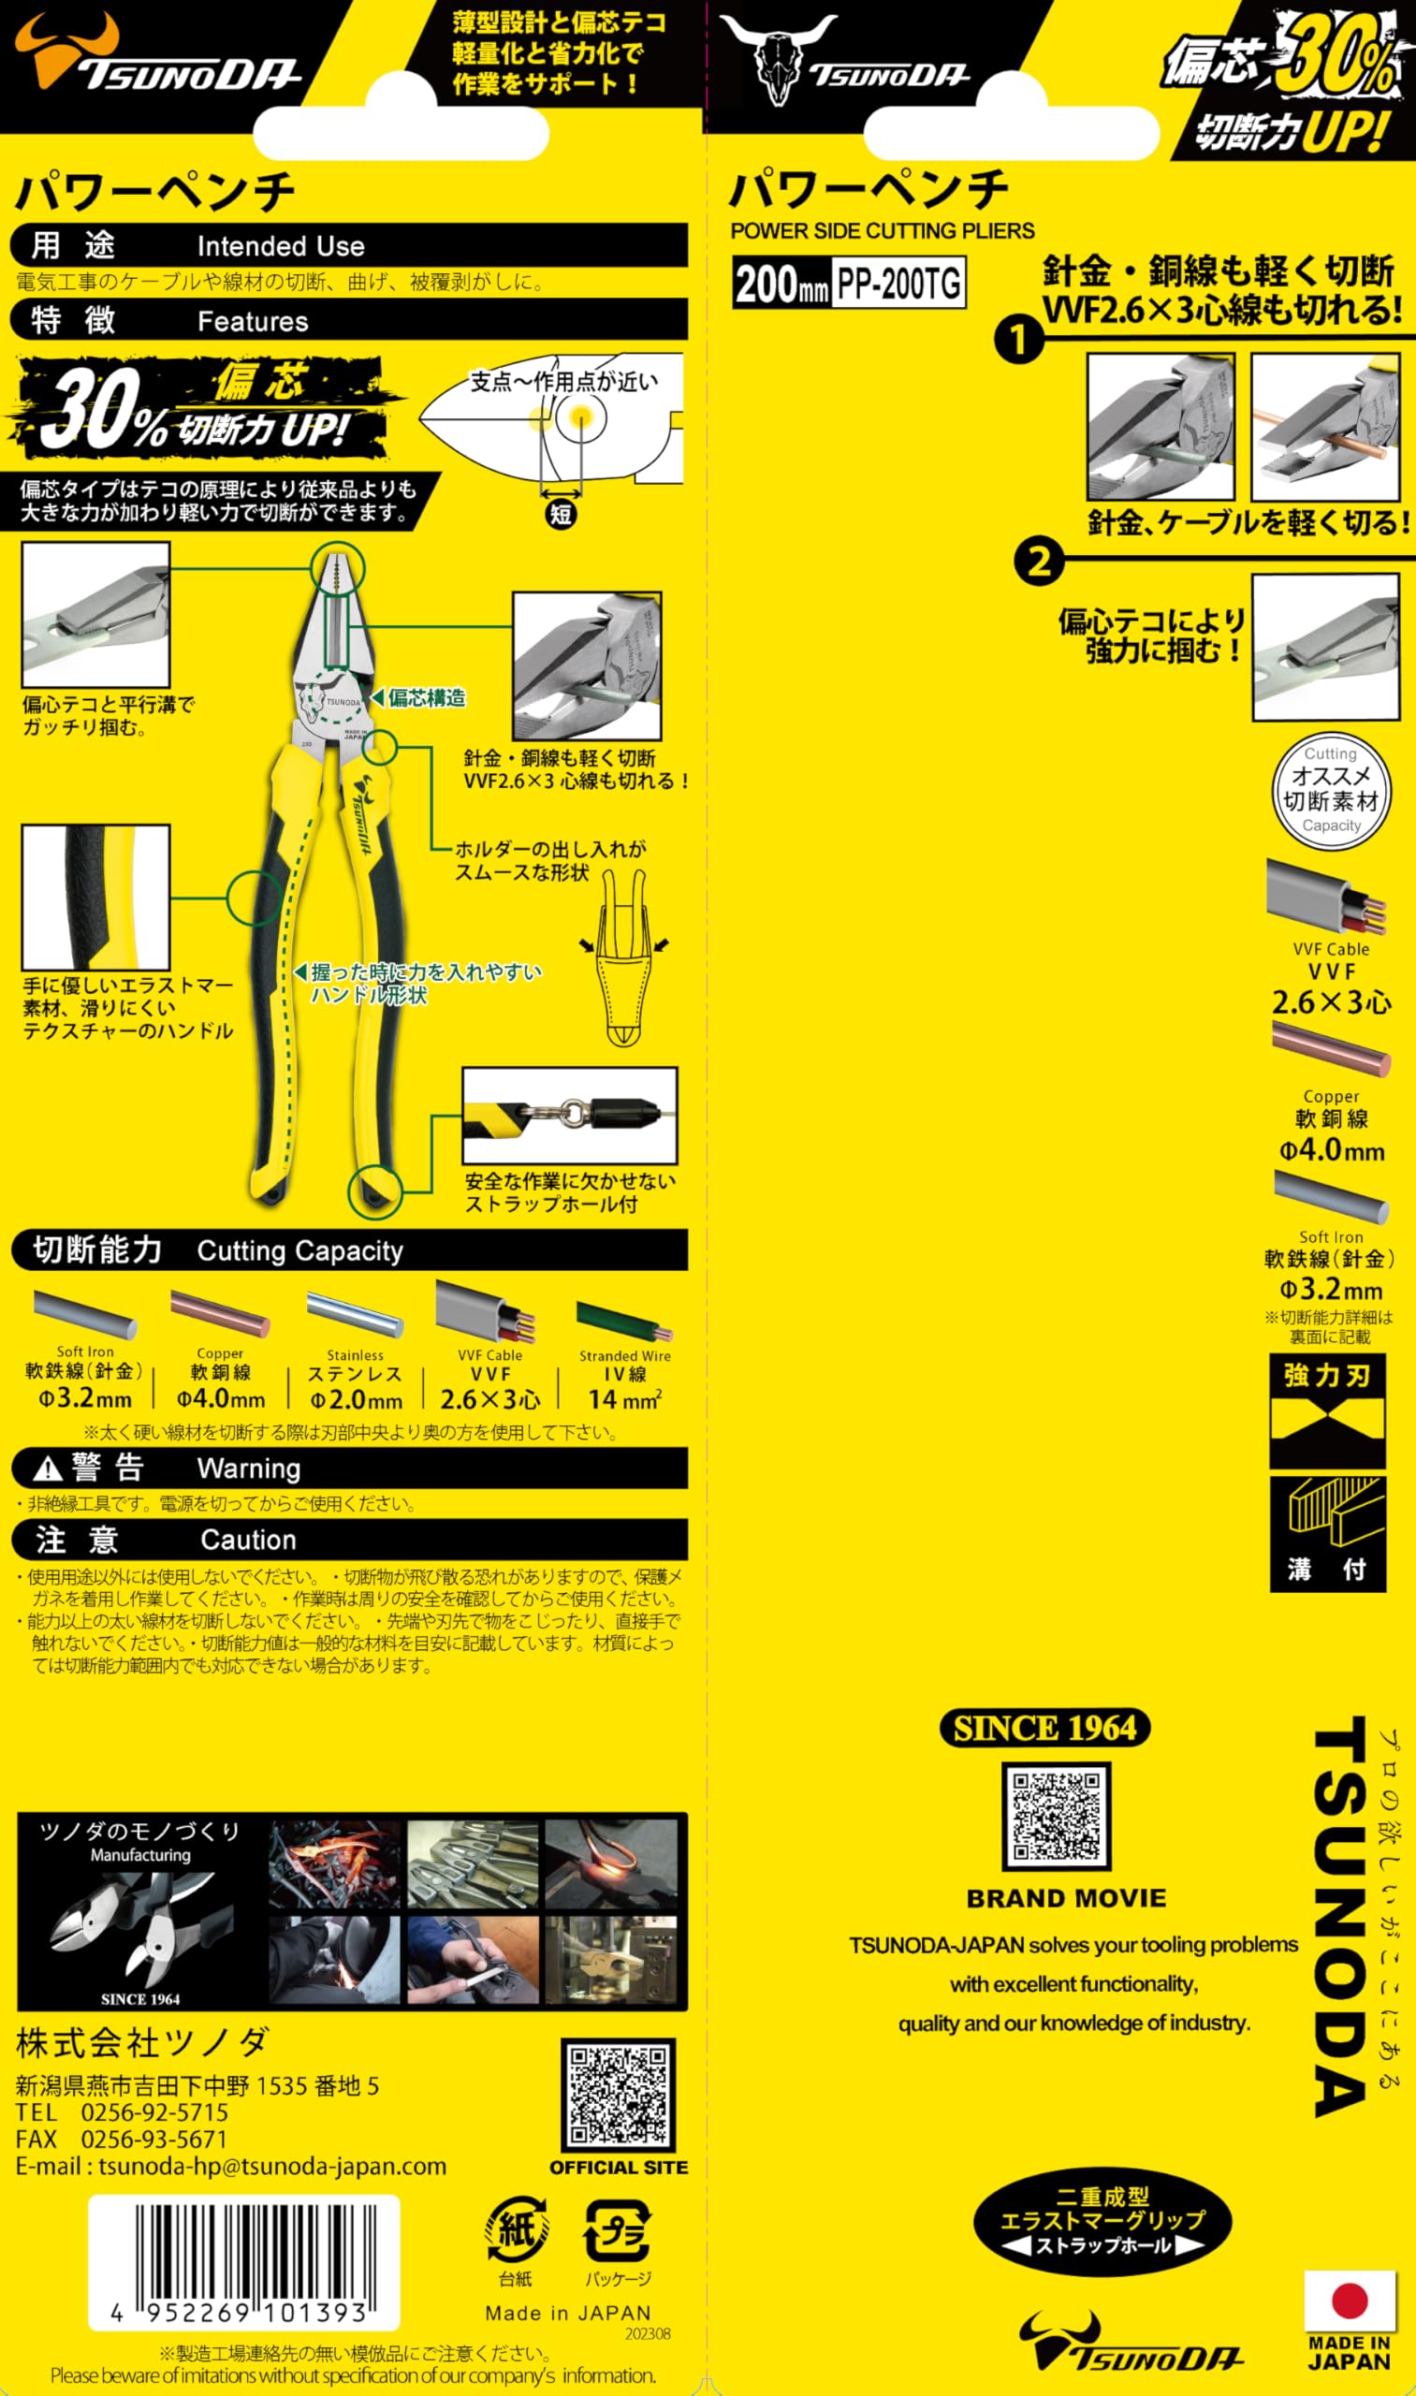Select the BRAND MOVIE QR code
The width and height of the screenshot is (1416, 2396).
point(1057,1816)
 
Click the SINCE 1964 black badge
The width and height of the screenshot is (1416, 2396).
point(1044,1728)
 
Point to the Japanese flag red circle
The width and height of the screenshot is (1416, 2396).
point(1350,2301)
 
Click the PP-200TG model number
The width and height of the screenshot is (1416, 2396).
point(898,284)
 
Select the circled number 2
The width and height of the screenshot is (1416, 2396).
point(1038,562)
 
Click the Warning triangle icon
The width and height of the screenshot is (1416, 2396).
point(48,1470)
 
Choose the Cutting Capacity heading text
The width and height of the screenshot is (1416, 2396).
point(299,1251)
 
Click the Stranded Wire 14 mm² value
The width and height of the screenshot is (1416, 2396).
point(625,1400)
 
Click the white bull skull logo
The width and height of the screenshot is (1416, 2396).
point(778,57)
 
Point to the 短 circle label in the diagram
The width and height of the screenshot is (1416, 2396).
point(560,515)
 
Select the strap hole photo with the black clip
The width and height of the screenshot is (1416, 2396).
point(570,1115)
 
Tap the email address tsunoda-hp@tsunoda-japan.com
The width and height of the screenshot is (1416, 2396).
point(272,2166)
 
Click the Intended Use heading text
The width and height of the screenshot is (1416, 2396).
point(281,246)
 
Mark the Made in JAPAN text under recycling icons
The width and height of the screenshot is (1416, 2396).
point(568,2313)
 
